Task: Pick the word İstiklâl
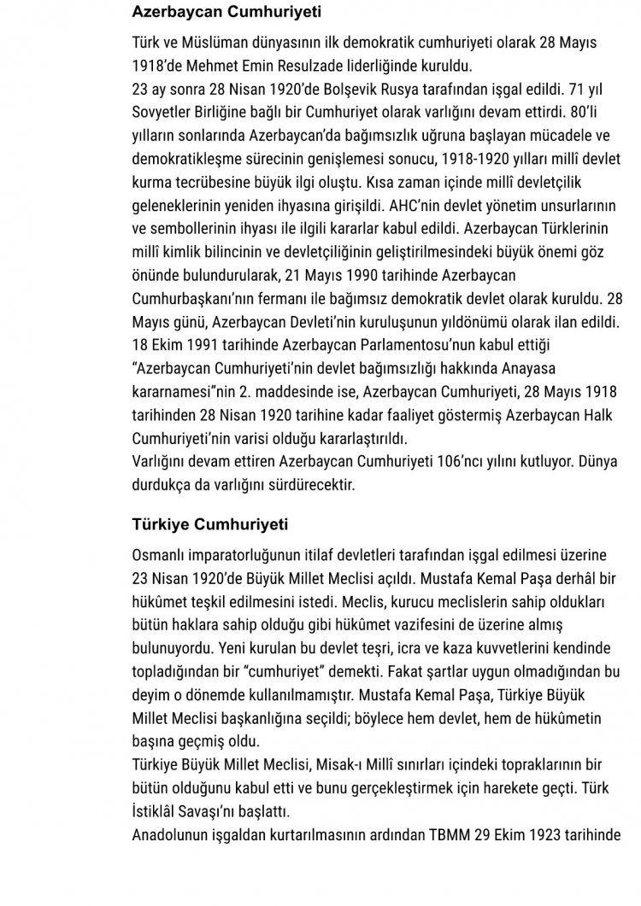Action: [160, 810]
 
